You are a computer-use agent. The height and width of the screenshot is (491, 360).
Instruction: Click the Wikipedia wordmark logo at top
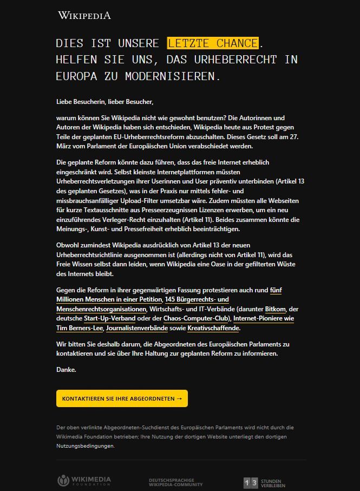(84, 15)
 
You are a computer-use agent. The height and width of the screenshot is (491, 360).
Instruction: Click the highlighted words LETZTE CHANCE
(213, 43)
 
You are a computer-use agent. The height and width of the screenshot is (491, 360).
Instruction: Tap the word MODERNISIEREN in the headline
(173, 76)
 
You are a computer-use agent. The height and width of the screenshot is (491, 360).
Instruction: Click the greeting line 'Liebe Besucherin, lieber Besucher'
(105, 101)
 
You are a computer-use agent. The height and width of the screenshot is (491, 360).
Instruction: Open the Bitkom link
(276, 309)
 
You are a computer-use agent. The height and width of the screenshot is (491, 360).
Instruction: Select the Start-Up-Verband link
(109, 318)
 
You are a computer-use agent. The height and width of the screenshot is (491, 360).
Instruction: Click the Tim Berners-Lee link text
(80, 328)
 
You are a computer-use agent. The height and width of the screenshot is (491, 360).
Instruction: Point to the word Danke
(66, 370)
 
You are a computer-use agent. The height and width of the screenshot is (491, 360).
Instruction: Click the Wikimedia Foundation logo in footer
(84, 481)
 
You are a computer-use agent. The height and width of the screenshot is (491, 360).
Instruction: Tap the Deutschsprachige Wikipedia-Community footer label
(176, 482)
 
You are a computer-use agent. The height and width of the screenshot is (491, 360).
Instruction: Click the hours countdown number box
(251, 482)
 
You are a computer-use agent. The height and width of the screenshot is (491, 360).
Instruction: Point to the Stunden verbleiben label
(273, 483)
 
